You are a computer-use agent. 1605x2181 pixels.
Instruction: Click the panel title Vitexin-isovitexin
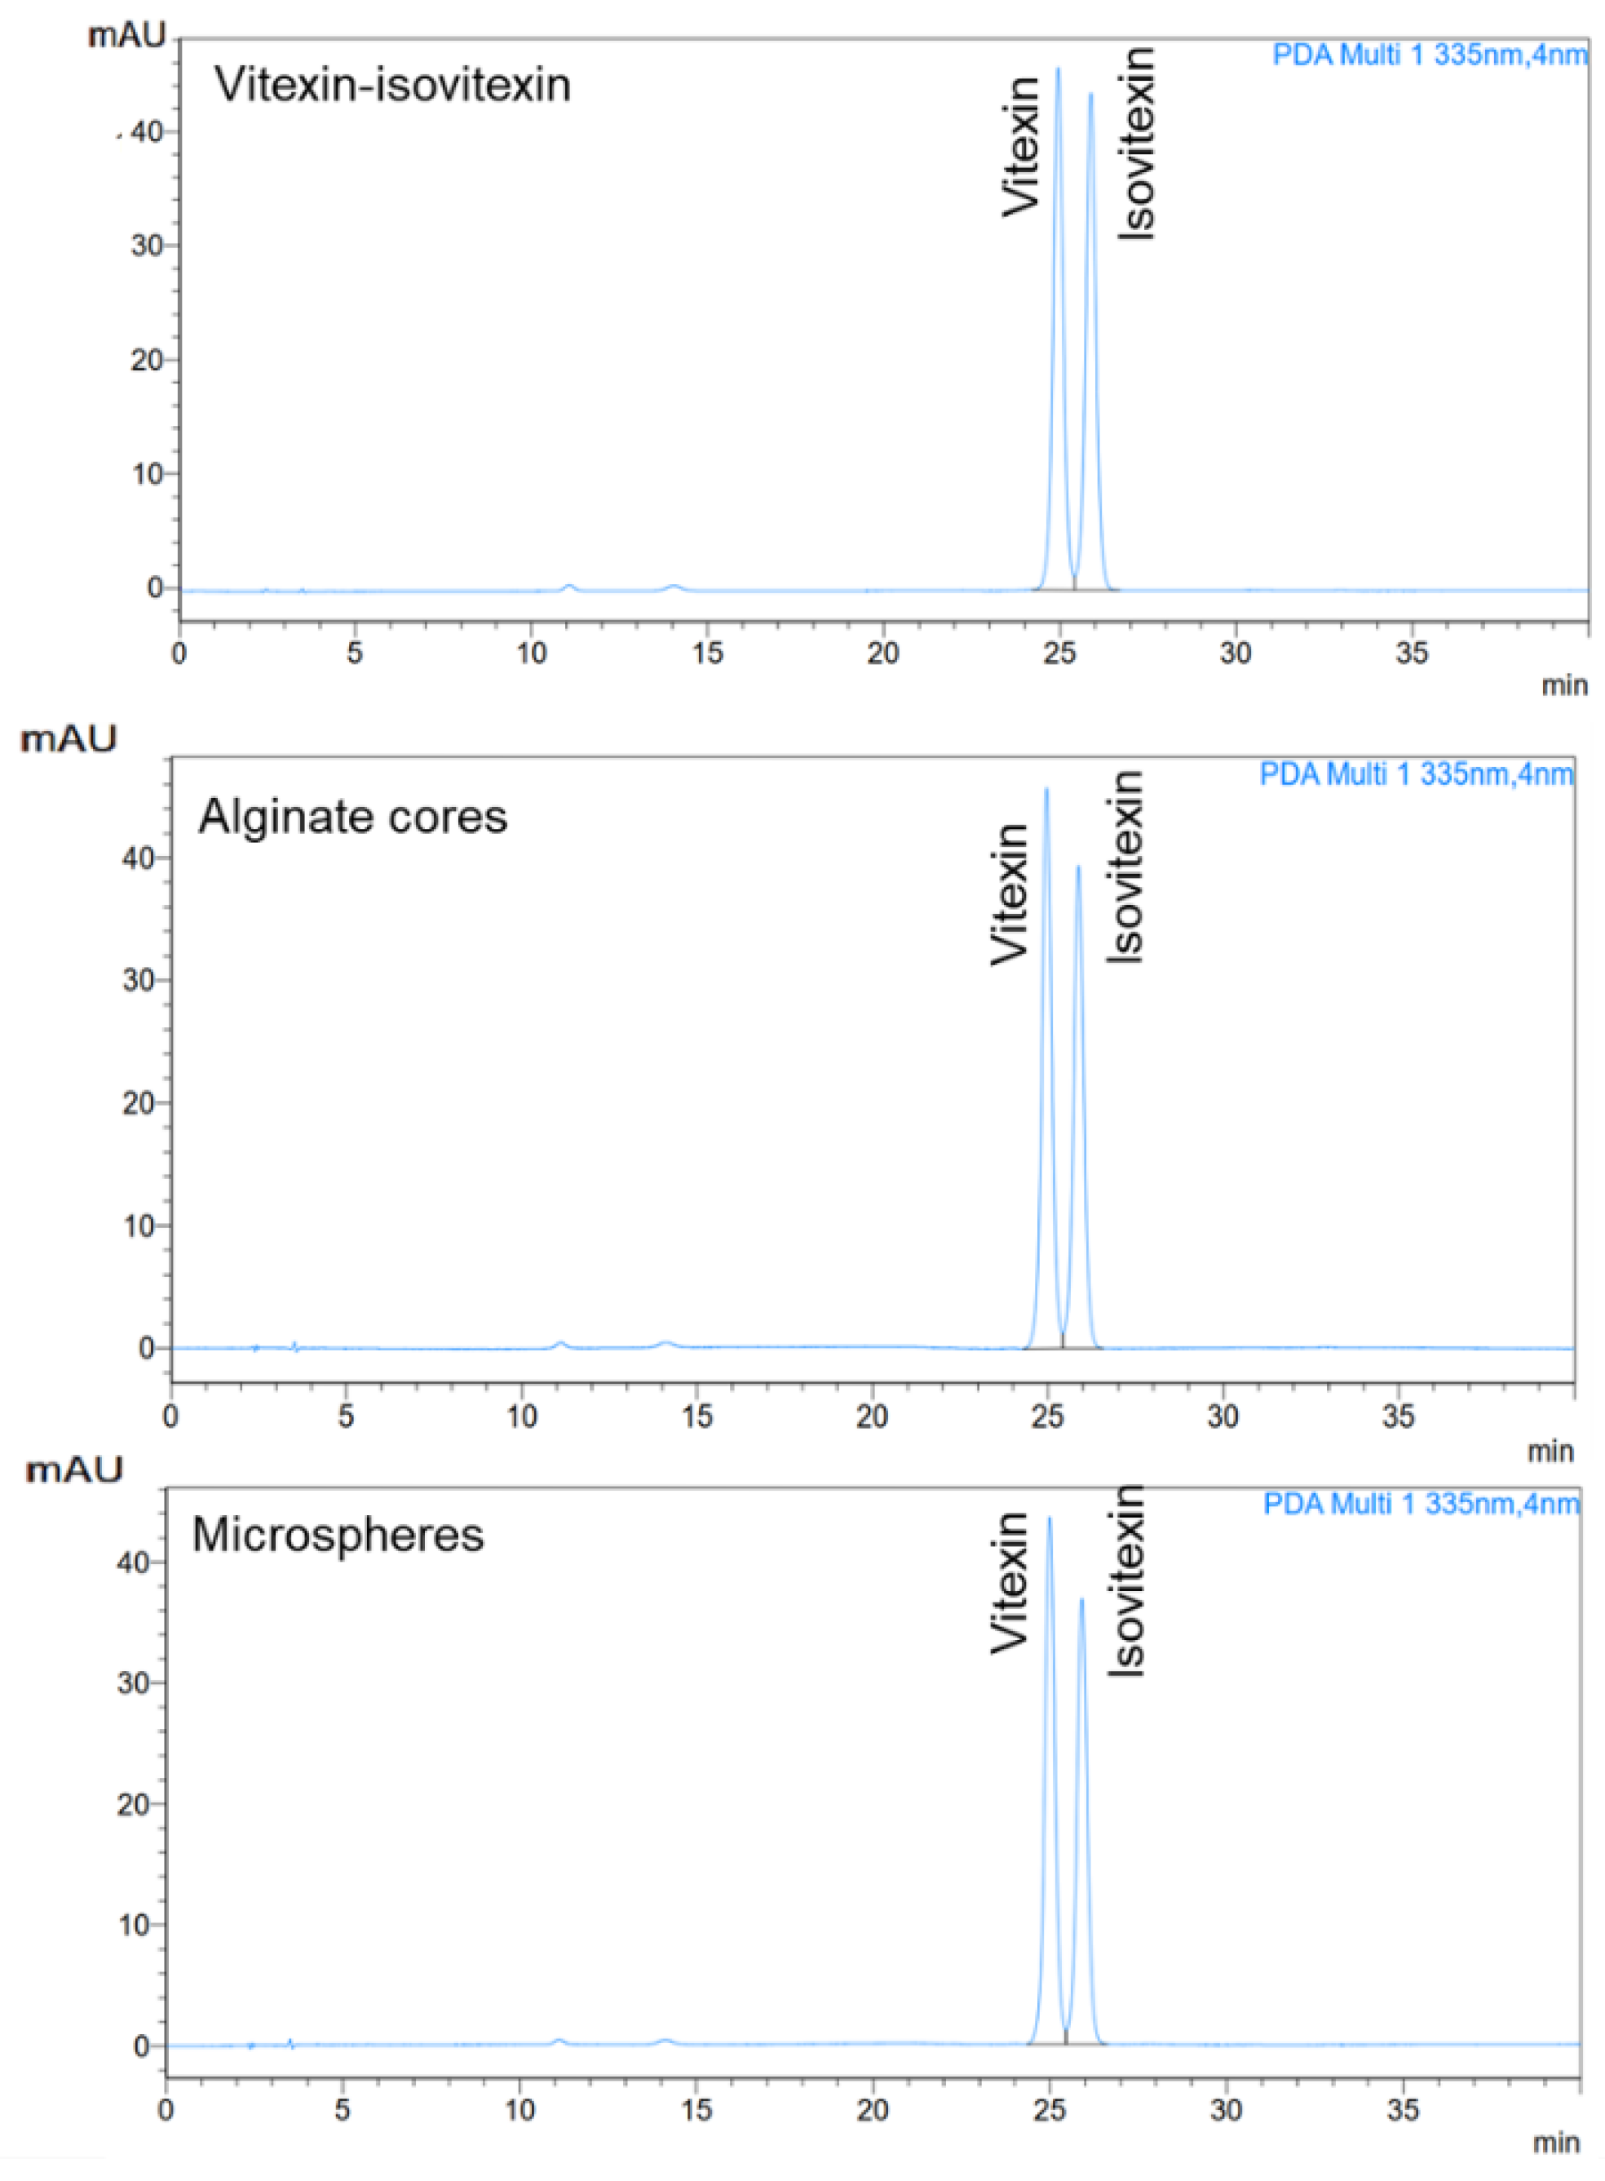[x=392, y=85]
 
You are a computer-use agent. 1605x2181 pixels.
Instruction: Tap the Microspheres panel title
[x=338, y=1535]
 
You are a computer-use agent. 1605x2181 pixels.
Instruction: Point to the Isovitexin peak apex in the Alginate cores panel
[x=1077, y=867]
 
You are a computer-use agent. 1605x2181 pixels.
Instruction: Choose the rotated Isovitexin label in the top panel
[x=1137, y=144]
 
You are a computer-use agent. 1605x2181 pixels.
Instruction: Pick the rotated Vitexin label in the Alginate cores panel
[x=1010, y=894]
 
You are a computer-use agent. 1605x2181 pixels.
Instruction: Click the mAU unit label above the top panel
[x=127, y=36]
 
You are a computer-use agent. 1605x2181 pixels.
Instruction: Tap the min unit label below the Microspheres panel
[x=1555, y=2142]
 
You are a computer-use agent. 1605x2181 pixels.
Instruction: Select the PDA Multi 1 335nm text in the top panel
[x=1429, y=55]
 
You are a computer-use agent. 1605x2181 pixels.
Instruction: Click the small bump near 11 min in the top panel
[x=570, y=587]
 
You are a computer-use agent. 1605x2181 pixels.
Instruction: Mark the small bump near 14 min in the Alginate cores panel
[x=665, y=1343]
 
